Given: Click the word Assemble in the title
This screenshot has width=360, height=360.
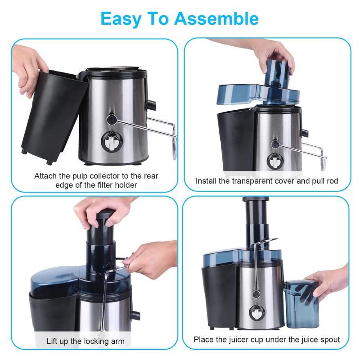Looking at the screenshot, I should coord(216,18).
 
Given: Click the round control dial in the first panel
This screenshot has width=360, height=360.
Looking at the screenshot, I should coord(110,144).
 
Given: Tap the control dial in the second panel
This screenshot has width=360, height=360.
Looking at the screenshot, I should coord(274,161).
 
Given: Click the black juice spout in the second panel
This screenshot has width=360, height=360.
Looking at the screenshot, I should coord(305,134).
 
